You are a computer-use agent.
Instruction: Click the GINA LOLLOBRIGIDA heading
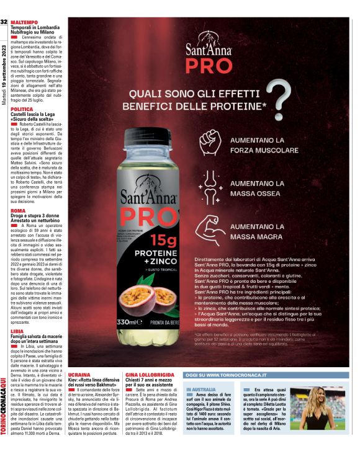pos(150,375)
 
